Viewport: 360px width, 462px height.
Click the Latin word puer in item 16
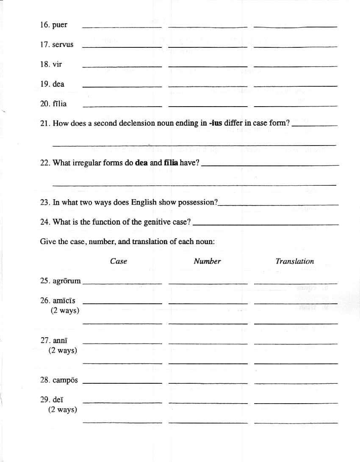point(60,25)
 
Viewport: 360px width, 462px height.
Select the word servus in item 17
point(63,44)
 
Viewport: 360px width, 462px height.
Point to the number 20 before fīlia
point(45,104)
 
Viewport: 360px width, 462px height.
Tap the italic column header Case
point(119,261)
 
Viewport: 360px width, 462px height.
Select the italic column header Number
point(207,261)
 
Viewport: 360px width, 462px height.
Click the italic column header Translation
point(295,261)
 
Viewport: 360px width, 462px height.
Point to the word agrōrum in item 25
point(66,281)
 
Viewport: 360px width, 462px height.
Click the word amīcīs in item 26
point(64,301)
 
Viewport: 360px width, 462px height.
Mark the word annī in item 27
point(60,340)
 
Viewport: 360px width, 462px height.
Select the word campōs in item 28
point(65,380)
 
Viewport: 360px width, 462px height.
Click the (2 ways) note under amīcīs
point(65,311)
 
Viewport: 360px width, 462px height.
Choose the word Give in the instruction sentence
point(47,242)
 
